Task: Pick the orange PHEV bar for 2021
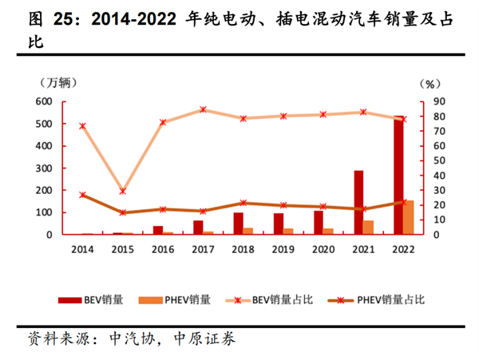(369, 227)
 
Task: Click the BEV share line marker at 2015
(122, 192)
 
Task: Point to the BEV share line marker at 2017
(204, 109)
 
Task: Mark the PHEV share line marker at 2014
(82, 195)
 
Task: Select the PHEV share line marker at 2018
(243, 203)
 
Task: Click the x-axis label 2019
(283, 248)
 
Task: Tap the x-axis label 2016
(163, 248)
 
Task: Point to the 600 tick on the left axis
(44, 101)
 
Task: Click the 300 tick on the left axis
(44, 168)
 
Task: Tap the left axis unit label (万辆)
(54, 82)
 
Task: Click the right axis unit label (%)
(430, 83)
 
